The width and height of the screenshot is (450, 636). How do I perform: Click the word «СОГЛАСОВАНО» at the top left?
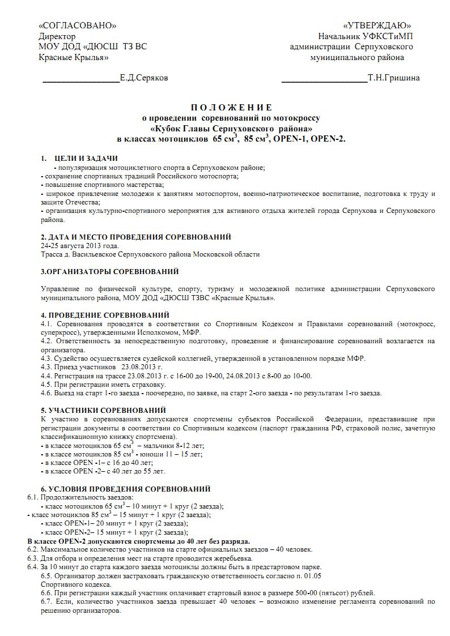pos(78,26)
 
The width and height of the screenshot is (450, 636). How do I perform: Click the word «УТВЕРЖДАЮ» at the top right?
pos(377,26)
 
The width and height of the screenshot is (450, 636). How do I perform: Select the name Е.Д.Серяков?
pos(144,78)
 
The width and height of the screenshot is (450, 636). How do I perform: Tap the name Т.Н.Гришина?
pos(394,78)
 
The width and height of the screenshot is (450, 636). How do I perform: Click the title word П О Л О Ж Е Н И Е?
pos(231,108)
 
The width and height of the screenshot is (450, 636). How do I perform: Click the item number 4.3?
pos(46,358)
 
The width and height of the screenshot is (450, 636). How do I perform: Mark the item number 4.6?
pos(46,393)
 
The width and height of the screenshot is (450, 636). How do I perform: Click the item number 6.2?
pos(33,549)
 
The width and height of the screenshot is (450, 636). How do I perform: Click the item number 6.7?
pos(47,602)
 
